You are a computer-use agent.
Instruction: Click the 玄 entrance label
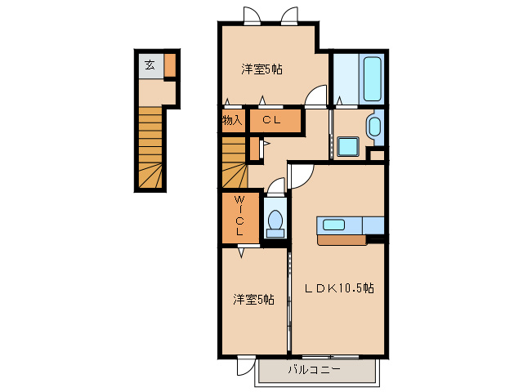[x=150, y=65]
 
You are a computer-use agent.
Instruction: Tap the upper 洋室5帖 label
[x=261, y=69]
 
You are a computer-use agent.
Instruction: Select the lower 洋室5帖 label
[x=253, y=300]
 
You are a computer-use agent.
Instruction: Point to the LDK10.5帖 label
[x=340, y=288]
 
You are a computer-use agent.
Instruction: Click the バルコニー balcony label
[x=315, y=370]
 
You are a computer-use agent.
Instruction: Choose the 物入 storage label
[x=231, y=120]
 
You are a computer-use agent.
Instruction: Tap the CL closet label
[x=272, y=120]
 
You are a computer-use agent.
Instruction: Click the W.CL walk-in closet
[x=239, y=216]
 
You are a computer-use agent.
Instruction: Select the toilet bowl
[x=275, y=220]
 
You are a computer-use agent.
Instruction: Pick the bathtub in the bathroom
[x=371, y=78]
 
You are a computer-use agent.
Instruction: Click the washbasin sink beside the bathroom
[x=373, y=127]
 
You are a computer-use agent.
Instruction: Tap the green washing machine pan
[x=349, y=147]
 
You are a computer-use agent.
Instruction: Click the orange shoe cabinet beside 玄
[x=170, y=65]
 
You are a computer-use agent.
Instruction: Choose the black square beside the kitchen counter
[x=376, y=239]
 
